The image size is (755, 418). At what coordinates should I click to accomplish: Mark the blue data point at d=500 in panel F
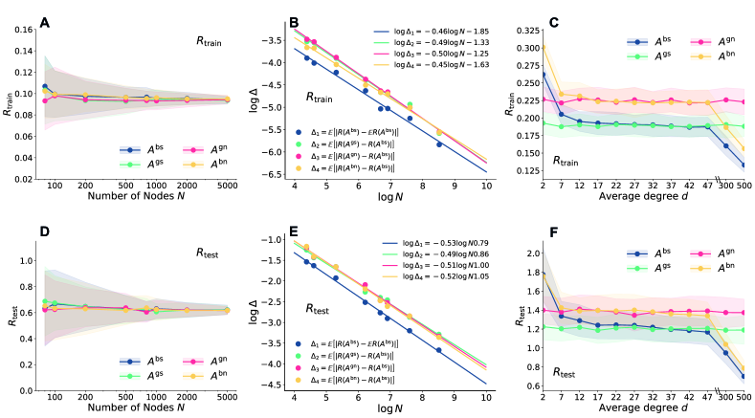pos(742,376)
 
